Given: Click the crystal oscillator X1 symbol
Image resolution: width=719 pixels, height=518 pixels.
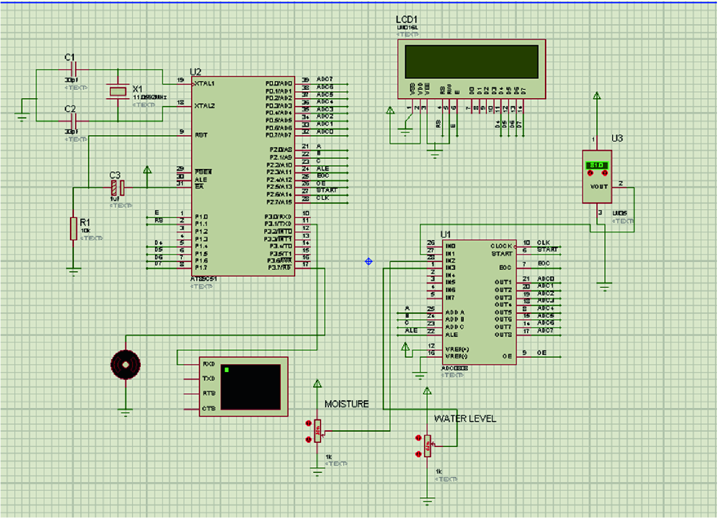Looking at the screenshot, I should coord(118,91).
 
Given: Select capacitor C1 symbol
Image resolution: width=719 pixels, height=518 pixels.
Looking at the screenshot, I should coord(73,69).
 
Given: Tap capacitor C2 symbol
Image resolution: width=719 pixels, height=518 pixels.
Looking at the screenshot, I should coord(73,121).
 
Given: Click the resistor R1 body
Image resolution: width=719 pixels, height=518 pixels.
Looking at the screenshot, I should coord(73,229).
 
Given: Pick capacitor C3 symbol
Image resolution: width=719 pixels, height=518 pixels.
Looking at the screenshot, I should coord(118,188).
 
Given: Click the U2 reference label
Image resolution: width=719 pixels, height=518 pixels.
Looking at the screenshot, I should coord(195,72).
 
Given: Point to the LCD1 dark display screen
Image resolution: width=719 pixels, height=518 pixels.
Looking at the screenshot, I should coord(471,62).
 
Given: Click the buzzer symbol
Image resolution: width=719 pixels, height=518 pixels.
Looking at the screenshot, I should coord(125,364).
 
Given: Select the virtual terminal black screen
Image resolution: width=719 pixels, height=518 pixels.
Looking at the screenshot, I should coord(251,387).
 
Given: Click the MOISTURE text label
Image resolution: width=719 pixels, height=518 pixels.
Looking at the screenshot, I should coord(346,404).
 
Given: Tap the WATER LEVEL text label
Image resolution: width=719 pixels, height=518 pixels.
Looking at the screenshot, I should coord(465,419).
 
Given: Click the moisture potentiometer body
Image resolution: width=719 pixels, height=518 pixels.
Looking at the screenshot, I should coord(318,431).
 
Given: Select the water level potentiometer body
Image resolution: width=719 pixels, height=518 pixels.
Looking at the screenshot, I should coord(427,446).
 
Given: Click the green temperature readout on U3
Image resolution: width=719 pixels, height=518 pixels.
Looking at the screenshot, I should coord(597,165).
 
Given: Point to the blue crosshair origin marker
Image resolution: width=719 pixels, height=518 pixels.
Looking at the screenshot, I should coord(368,262).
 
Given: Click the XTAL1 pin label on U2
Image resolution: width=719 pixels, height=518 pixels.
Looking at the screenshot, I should coord(204,83).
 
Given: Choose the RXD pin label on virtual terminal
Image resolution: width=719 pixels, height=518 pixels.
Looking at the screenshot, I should coord(209,364).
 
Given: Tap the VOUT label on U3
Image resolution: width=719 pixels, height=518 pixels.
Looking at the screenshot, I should coord(599,187).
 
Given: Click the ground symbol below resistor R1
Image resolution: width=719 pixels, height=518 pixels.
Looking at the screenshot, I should coord(73,271).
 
